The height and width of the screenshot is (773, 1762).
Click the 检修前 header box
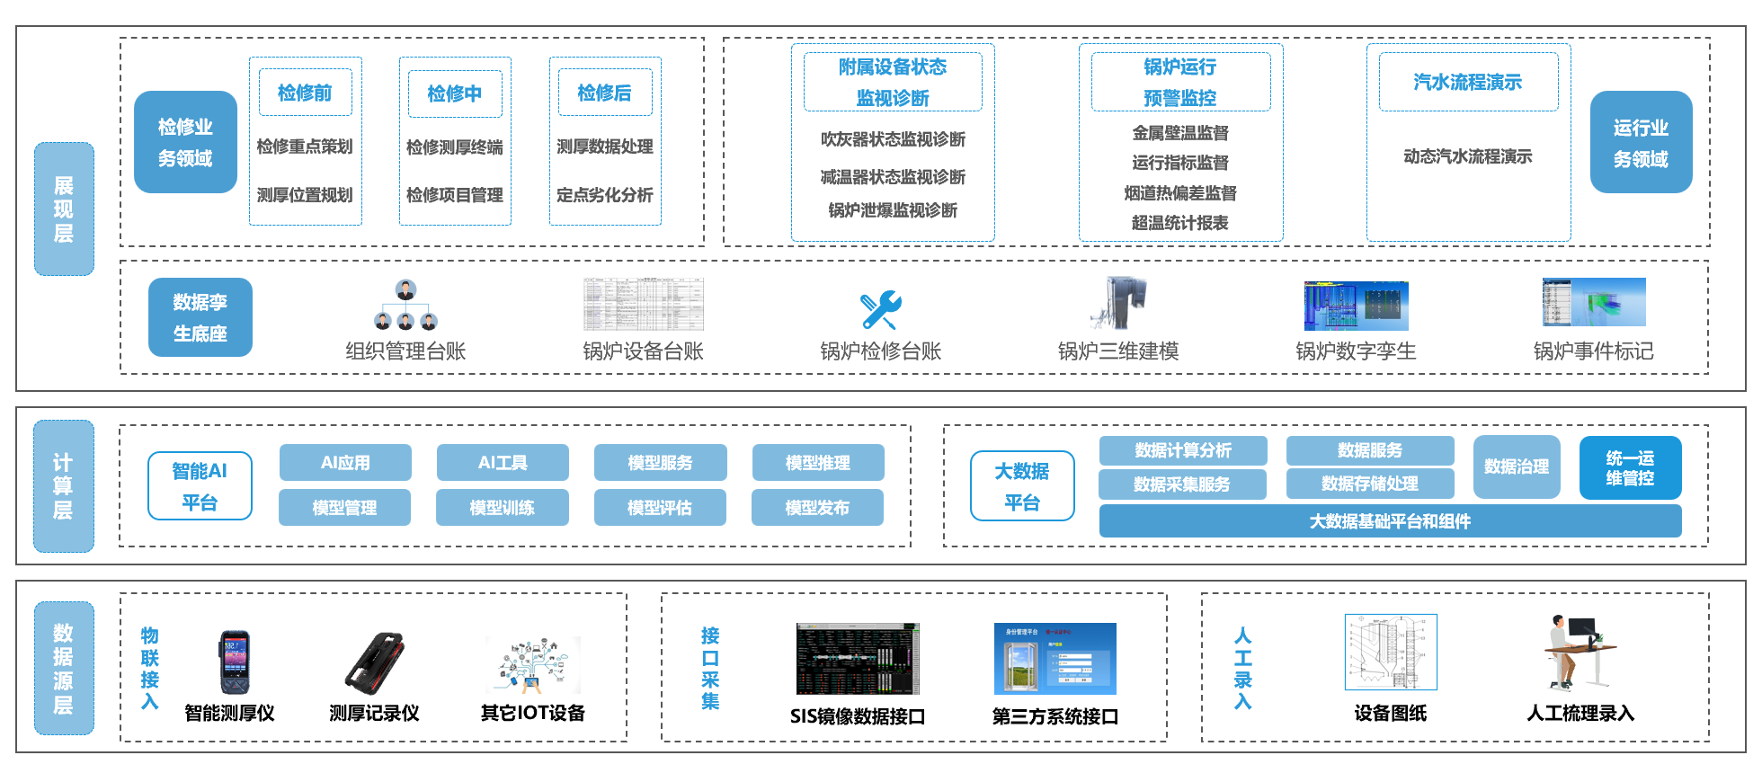[x=305, y=93]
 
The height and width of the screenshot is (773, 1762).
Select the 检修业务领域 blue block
[x=185, y=142]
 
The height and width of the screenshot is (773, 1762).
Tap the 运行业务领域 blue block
[x=1641, y=142]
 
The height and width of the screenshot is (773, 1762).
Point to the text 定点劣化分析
[x=605, y=195]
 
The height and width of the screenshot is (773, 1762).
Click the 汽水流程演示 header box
[x=1468, y=82]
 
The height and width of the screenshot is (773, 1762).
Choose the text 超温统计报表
[x=1179, y=223]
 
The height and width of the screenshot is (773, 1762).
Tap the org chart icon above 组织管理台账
[x=405, y=306]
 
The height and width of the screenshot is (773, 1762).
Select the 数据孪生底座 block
[x=200, y=317]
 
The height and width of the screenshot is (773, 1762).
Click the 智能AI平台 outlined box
[x=200, y=485]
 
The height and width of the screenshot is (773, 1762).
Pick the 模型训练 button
[x=502, y=508]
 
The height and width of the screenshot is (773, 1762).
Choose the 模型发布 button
[x=817, y=508]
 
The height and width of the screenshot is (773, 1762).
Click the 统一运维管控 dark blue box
[x=1630, y=467]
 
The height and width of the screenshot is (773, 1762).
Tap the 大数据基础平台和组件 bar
[x=1390, y=521]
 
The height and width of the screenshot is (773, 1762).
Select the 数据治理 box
[x=1517, y=466]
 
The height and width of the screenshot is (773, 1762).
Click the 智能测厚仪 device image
[x=234, y=662]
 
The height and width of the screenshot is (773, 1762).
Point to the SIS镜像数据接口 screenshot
[x=858, y=660]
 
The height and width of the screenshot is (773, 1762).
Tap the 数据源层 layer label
[x=64, y=668]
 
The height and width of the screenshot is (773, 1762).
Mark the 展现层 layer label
[x=64, y=209]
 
